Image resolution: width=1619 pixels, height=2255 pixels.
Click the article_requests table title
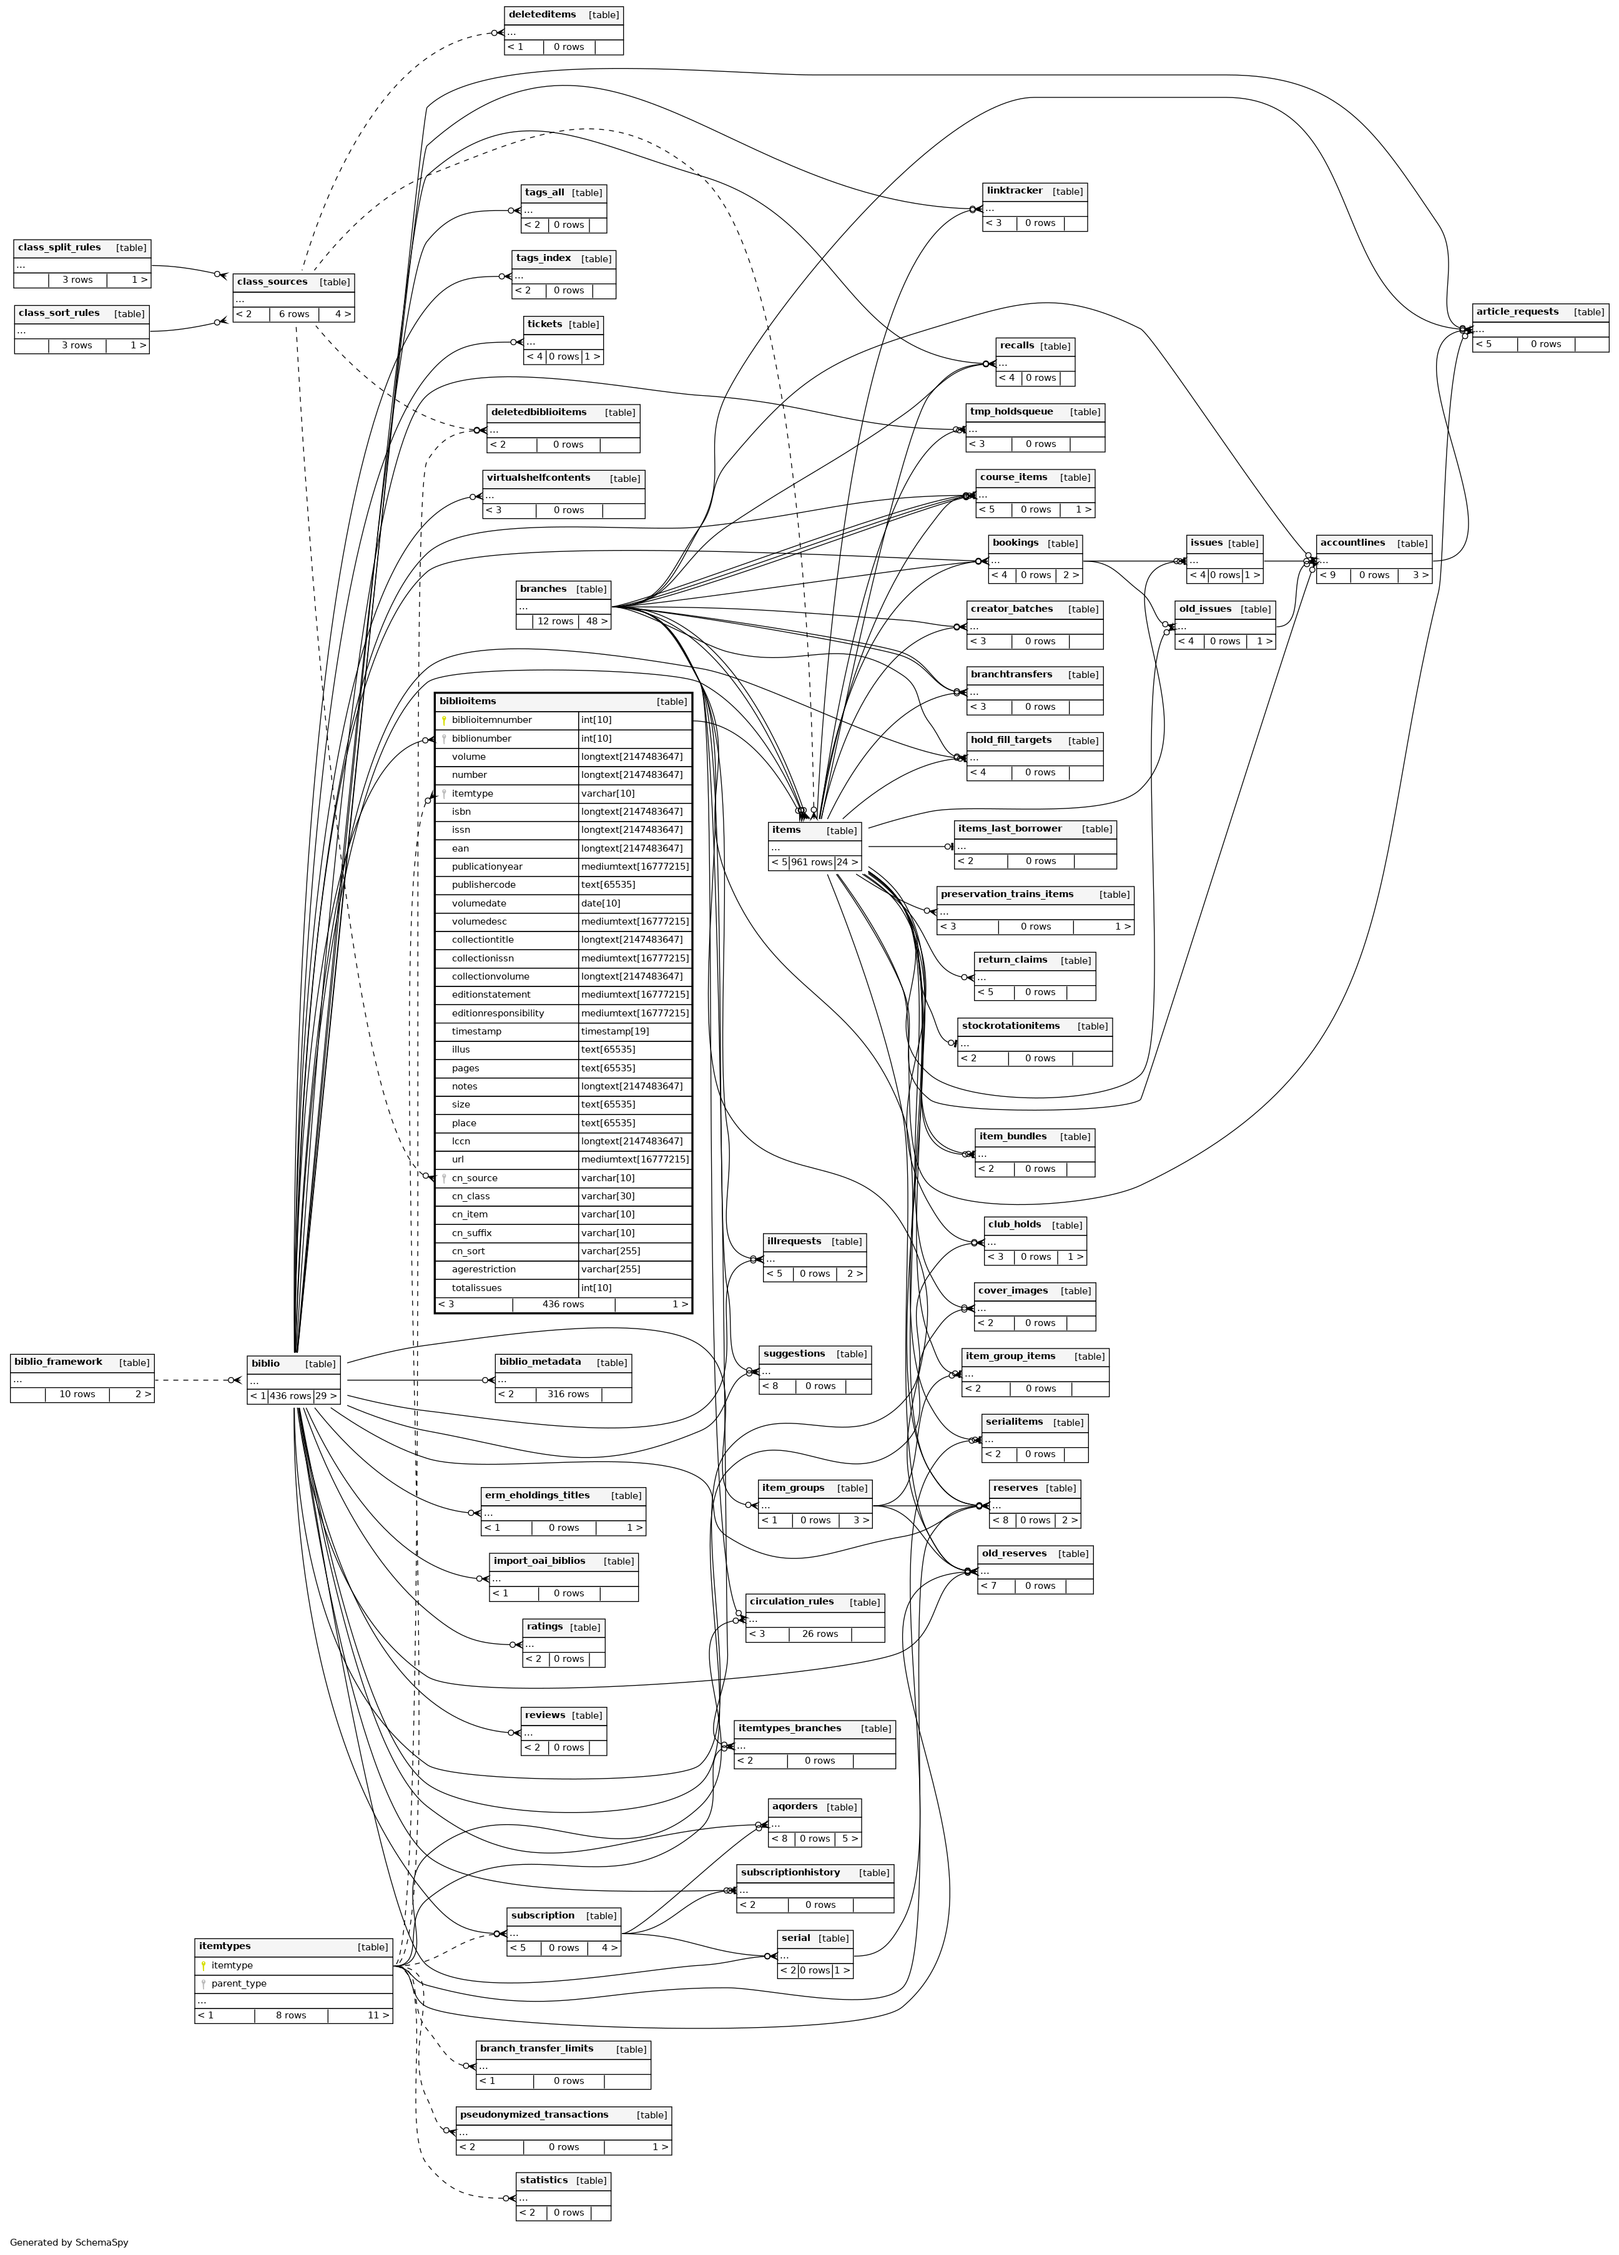(x=1517, y=312)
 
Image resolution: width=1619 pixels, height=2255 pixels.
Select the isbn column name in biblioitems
(x=461, y=812)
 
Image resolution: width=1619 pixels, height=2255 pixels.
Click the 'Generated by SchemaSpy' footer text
(x=69, y=2242)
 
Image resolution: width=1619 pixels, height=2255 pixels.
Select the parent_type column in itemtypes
(x=239, y=1983)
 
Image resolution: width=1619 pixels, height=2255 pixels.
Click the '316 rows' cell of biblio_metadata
(x=568, y=1394)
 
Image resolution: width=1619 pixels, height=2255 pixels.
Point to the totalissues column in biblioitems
(x=476, y=1287)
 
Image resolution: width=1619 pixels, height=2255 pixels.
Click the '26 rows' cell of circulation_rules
(x=819, y=1634)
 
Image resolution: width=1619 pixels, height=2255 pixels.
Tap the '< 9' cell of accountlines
(x=1331, y=575)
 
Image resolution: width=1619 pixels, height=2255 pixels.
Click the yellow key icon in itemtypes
(x=203, y=1966)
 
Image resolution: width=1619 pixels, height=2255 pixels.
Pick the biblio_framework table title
(x=57, y=1362)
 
